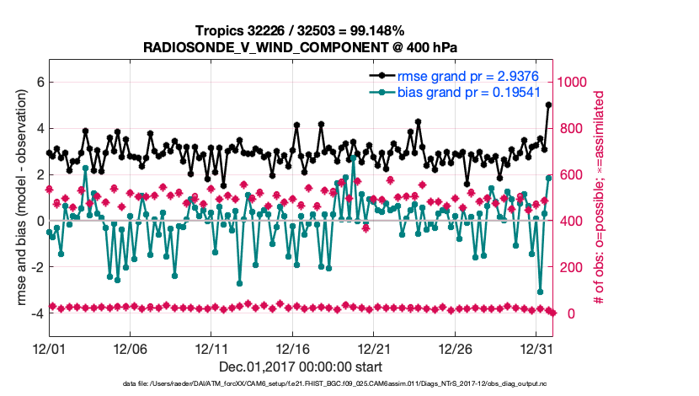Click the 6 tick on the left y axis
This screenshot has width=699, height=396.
[x=38, y=83]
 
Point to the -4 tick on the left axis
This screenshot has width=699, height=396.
[x=35, y=313]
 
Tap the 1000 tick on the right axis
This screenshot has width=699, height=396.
[x=577, y=83]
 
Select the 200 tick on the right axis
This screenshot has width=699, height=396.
[x=573, y=267]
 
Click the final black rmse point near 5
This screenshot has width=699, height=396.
[x=549, y=105]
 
